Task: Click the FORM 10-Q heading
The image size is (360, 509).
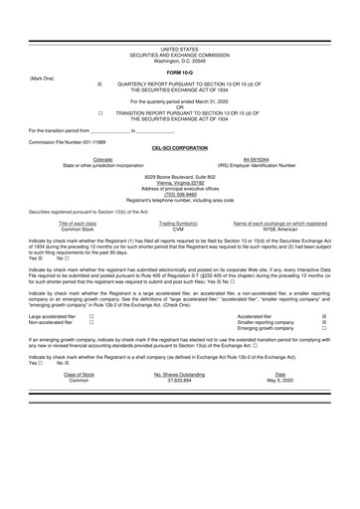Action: click(x=180, y=74)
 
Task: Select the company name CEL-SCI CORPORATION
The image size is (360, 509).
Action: click(x=180, y=146)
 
